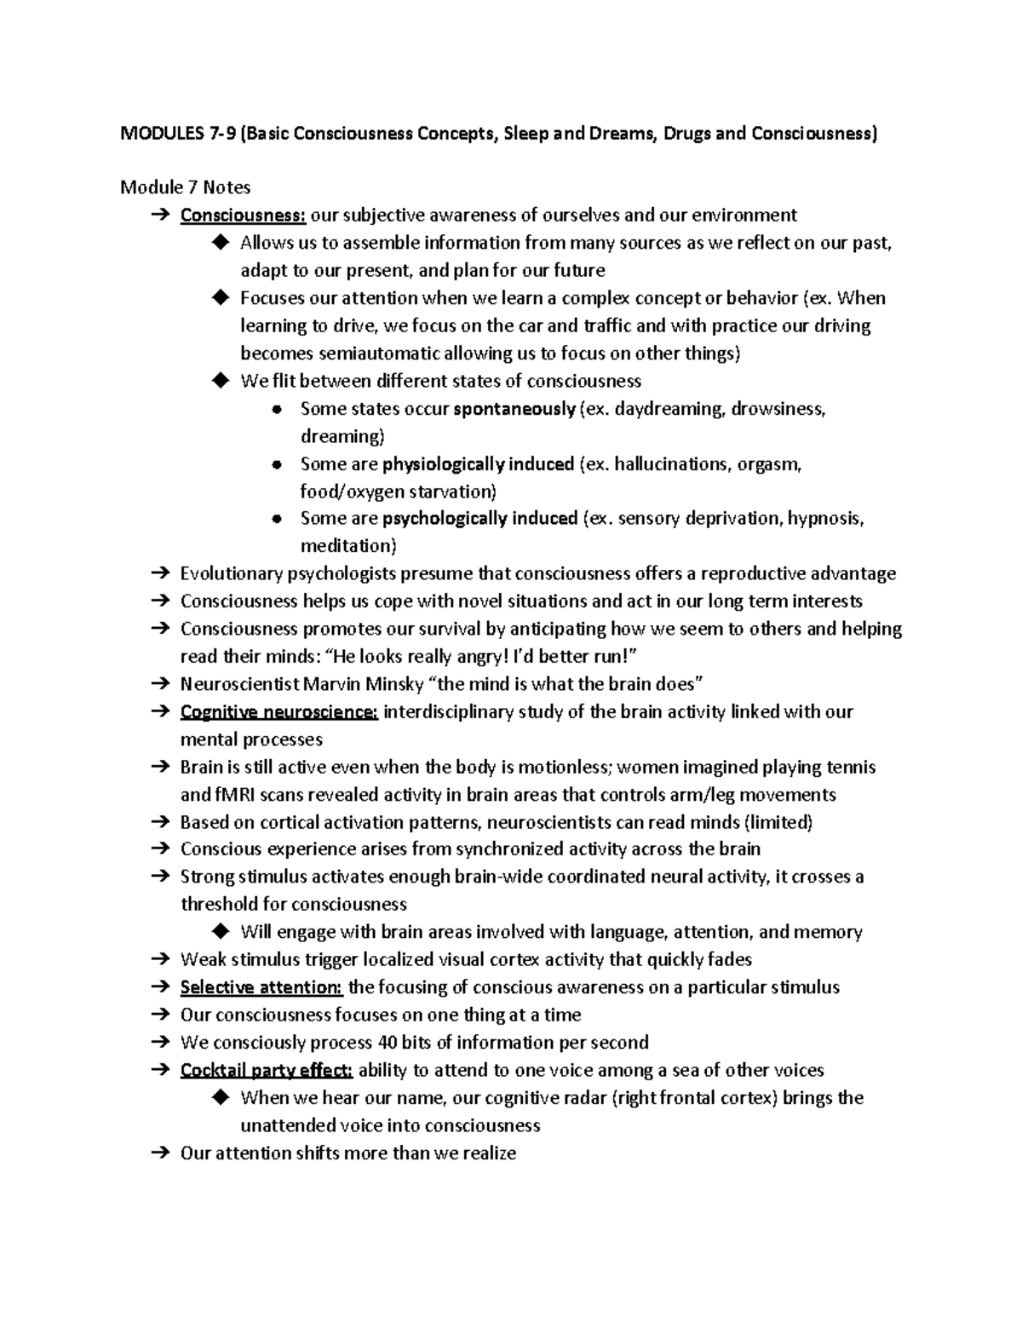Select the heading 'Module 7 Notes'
(185, 187)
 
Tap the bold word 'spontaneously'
(514, 409)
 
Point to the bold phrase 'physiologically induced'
(478, 464)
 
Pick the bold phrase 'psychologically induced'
(480, 519)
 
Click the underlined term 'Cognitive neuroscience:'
(279, 712)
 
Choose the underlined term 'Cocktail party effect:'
(267, 1070)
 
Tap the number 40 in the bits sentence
(387, 1043)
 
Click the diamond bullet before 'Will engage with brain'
(221, 932)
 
